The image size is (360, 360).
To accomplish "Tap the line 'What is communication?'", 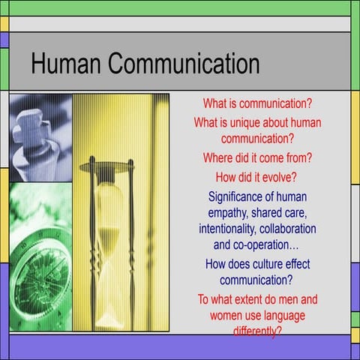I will [257, 102].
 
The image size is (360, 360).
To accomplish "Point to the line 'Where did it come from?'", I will [257, 158].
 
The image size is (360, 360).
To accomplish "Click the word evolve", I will [278, 178].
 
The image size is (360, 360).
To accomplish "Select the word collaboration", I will [290, 229].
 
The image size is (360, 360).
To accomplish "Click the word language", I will [282, 315].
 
